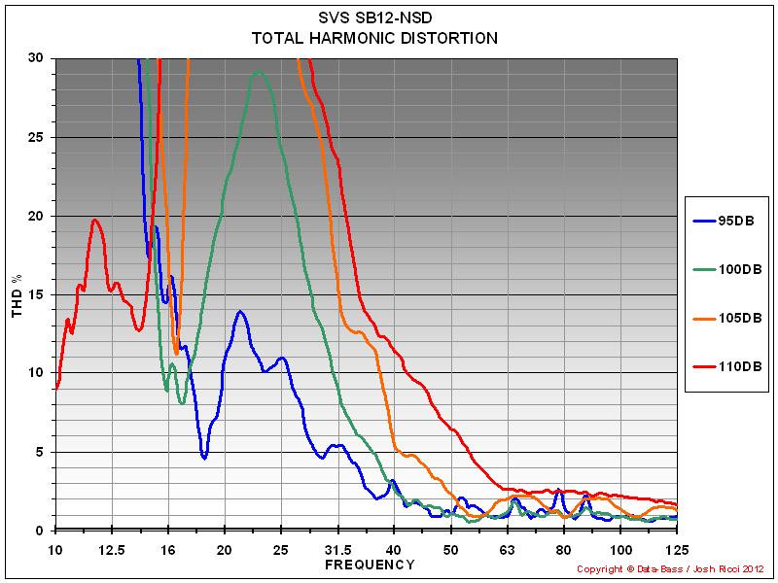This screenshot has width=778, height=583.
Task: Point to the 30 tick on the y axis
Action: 36,58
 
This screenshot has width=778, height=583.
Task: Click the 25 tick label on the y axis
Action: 36,137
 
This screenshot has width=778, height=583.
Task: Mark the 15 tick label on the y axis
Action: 36,294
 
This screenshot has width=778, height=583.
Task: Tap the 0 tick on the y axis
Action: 40,531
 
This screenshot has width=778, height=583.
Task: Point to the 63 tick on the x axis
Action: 506,549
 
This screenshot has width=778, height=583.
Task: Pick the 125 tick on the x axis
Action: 676,549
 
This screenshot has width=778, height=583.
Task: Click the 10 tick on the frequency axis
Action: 55,549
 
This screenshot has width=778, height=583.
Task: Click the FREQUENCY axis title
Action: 370,565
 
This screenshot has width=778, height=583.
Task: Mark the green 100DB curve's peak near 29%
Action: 259,72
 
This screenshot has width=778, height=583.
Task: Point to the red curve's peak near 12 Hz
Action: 95,220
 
